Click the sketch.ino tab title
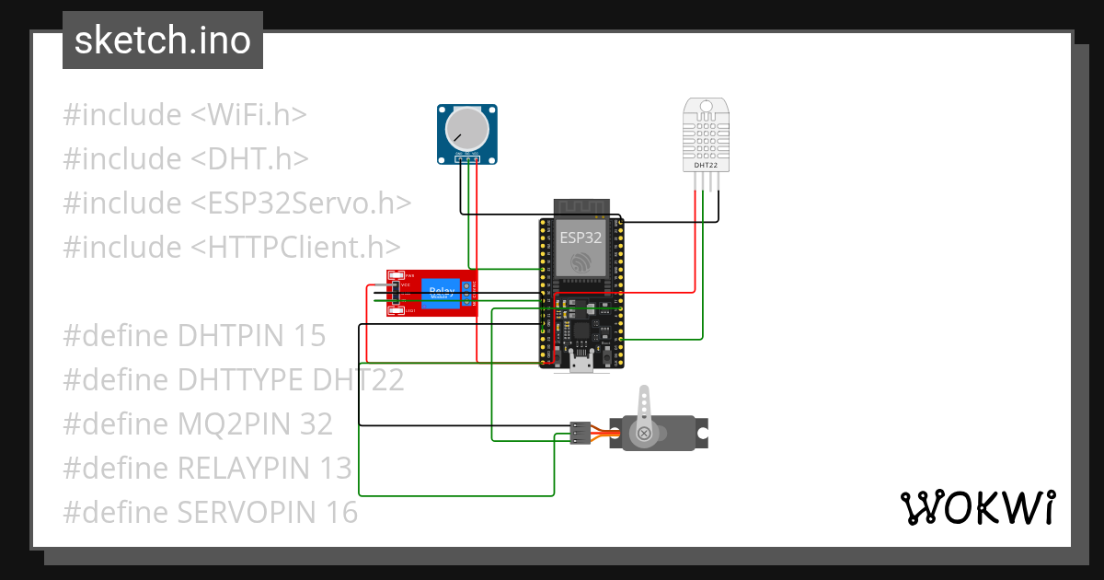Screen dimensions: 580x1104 (163, 41)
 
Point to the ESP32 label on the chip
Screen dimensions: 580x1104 (581, 237)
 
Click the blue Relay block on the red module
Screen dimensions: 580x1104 (442, 293)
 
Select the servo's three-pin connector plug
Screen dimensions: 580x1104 (580, 433)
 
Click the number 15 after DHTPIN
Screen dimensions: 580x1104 (310, 336)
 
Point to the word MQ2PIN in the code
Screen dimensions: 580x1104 (234, 424)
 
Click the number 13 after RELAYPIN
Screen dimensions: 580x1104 (336, 469)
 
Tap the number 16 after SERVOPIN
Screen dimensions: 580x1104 (341, 513)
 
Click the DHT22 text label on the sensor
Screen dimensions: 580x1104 (707, 165)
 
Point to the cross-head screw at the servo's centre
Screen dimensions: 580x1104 (645, 433)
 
